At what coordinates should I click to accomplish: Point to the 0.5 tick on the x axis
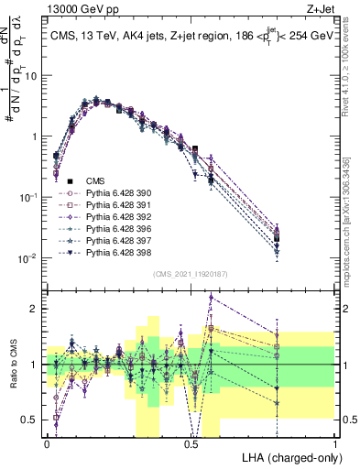click(191, 443)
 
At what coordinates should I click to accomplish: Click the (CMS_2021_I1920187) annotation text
click(191, 274)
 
